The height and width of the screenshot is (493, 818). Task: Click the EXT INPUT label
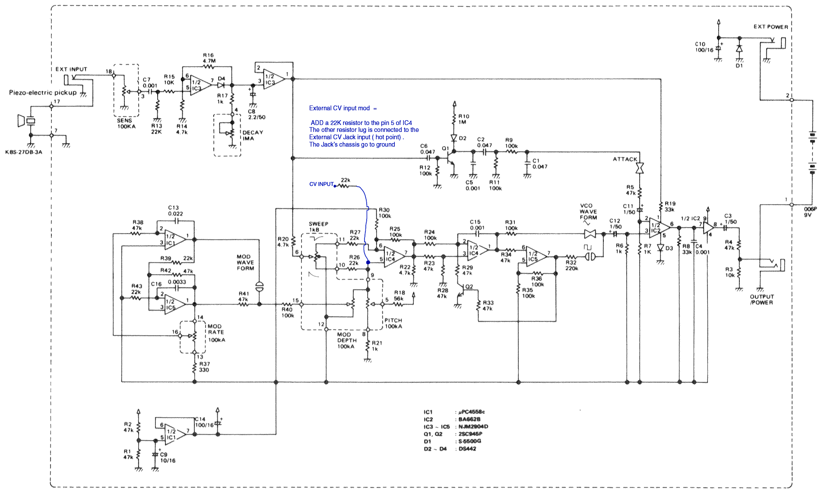pyautogui.click(x=71, y=69)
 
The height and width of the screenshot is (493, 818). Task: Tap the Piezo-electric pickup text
pyautogui.click(x=43, y=93)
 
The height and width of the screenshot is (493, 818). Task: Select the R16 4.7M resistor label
pyautogui.click(x=209, y=58)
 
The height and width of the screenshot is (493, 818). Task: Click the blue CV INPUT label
pyautogui.click(x=321, y=184)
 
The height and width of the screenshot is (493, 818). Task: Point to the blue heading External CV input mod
pyautogui.click(x=342, y=108)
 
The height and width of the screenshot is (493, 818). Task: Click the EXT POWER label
pyautogui.click(x=770, y=27)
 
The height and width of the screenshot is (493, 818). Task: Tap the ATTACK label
pyautogui.click(x=625, y=159)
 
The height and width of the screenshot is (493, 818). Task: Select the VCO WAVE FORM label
pyautogui.click(x=588, y=212)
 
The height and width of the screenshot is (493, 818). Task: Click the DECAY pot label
pyautogui.click(x=253, y=135)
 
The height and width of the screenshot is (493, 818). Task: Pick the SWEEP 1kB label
pyautogui.click(x=318, y=227)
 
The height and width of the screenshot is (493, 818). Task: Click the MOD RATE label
pyautogui.click(x=216, y=333)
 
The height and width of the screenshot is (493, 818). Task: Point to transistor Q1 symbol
pyautogui.click(x=450, y=157)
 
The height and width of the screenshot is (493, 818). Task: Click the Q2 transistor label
pyautogui.click(x=469, y=287)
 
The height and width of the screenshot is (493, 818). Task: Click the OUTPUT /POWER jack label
pyautogui.click(x=762, y=300)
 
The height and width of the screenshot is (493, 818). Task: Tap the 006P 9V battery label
pyautogui.click(x=810, y=212)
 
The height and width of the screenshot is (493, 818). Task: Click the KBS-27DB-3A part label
pyautogui.click(x=24, y=152)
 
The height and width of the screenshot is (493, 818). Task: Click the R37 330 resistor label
pyautogui.click(x=204, y=367)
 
